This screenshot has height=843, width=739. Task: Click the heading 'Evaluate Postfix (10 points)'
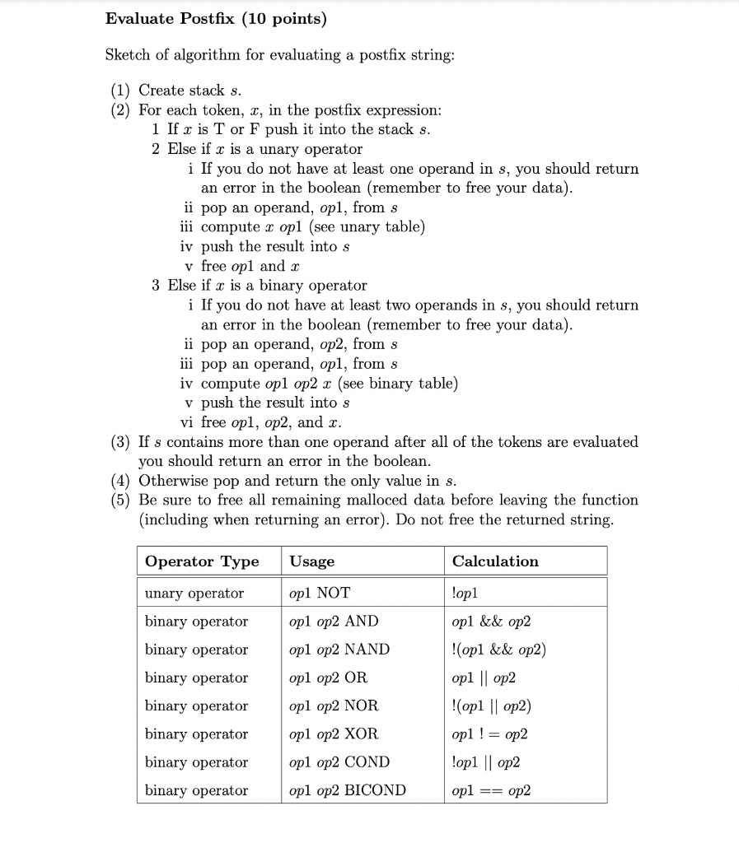pyautogui.click(x=216, y=18)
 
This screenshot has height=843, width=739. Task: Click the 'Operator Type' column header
pyautogui.click(x=201, y=561)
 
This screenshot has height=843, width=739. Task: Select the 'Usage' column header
pyautogui.click(x=312, y=561)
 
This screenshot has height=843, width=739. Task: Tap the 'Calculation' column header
pyautogui.click(x=495, y=561)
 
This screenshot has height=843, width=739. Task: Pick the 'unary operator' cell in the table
pyautogui.click(x=194, y=594)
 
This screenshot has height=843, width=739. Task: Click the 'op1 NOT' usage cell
pyautogui.click(x=320, y=594)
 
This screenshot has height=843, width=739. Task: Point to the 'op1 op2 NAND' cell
pyautogui.click(x=339, y=650)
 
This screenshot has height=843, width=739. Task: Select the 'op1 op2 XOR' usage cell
pyautogui.click(x=334, y=734)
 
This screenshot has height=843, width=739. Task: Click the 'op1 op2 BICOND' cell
pyautogui.click(x=348, y=790)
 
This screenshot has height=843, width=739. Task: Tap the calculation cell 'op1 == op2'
pyautogui.click(x=491, y=790)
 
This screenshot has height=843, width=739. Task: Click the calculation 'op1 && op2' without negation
pyautogui.click(x=491, y=622)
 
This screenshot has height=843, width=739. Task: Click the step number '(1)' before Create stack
pyautogui.click(x=122, y=90)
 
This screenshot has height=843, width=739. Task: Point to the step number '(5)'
pyautogui.click(x=122, y=501)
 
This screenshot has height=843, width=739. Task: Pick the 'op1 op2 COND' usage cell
pyautogui.click(x=339, y=762)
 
